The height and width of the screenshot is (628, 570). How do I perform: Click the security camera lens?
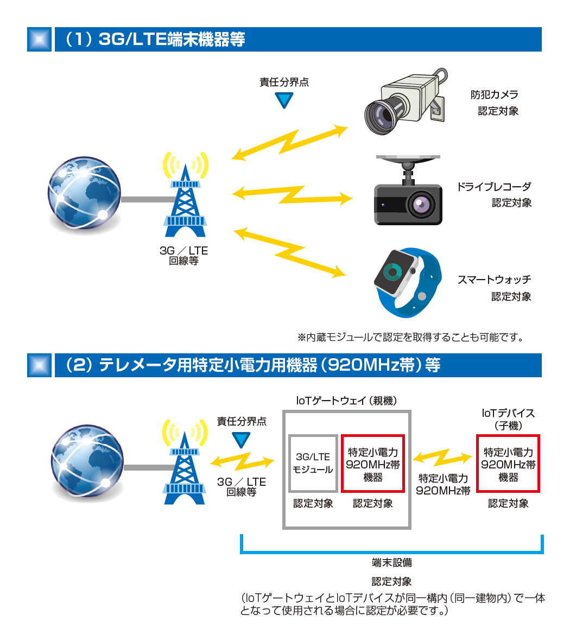click(x=383, y=115)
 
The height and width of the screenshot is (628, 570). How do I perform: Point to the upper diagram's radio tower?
click(x=186, y=198)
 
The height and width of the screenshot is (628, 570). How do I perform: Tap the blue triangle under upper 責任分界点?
click(x=283, y=100)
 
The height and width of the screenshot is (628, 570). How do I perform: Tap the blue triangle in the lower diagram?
click(x=241, y=439)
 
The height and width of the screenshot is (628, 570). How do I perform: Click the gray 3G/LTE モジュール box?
click(x=313, y=463)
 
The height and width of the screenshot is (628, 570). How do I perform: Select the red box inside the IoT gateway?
click(x=373, y=463)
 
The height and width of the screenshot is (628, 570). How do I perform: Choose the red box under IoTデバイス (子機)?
click(x=508, y=463)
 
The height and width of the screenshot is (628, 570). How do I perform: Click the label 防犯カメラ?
click(x=494, y=94)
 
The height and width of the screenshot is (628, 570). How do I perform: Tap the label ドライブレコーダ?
click(x=493, y=187)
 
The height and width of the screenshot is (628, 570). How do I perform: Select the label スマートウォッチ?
click(x=494, y=280)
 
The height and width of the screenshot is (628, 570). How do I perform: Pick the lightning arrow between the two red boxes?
click(x=442, y=458)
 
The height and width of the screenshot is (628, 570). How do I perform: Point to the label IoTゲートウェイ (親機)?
click(x=346, y=401)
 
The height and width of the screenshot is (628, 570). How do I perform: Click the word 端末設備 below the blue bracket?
click(x=391, y=562)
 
